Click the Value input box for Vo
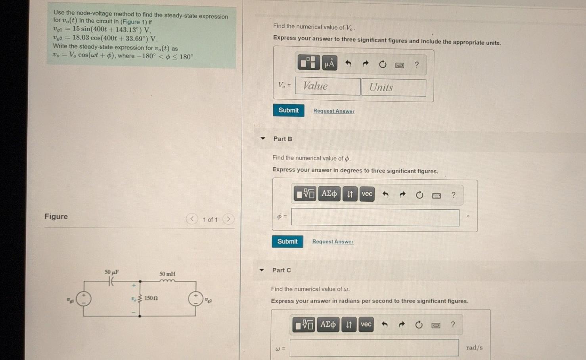327,86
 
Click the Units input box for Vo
394,87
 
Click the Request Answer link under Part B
333,241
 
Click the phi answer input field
375,217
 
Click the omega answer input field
374,348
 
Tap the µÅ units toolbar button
329,63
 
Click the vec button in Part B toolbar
367,194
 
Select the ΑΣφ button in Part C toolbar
328,325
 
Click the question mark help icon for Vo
417,64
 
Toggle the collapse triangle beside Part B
263,138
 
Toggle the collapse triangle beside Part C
262,270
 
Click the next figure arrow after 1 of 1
228,219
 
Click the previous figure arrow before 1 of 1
192,219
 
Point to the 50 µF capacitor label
112,272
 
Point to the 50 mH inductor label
167,274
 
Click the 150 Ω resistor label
151,298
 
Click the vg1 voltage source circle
84,299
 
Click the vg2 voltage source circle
196,299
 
